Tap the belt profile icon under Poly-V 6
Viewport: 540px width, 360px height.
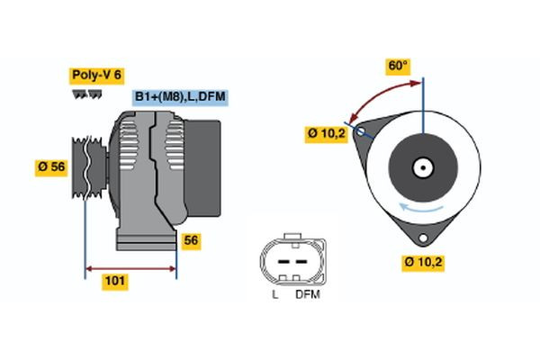[x=84, y=94]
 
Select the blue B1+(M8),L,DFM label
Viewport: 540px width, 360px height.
[x=179, y=97]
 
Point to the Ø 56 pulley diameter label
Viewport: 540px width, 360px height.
[x=53, y=166]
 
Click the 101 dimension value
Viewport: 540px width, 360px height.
[x=115, y=282]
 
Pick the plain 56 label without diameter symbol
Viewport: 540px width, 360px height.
[x=190, y=240]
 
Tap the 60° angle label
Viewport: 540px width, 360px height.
[x=397, y=66]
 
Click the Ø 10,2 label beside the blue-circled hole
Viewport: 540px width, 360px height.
[x=326, y=132]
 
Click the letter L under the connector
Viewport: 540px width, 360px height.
[x=276, y=293]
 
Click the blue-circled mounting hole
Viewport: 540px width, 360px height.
[x=362, y=132]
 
